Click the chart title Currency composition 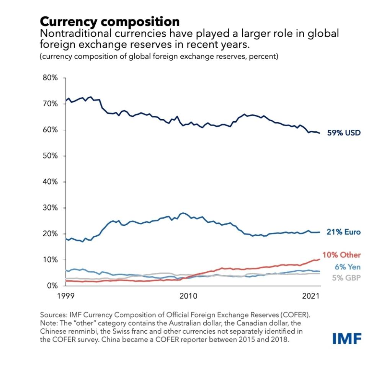click(110, 21)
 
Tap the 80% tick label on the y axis click(50, 78)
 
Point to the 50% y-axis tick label click(50, 156)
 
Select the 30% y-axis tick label click(50, 208)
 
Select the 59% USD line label click(343, 133)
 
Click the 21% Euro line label click(343, 232)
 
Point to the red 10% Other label click(341, 255)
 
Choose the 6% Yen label click(347, 267)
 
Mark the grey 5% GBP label click(346, 278)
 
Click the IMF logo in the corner click(347, 338)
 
